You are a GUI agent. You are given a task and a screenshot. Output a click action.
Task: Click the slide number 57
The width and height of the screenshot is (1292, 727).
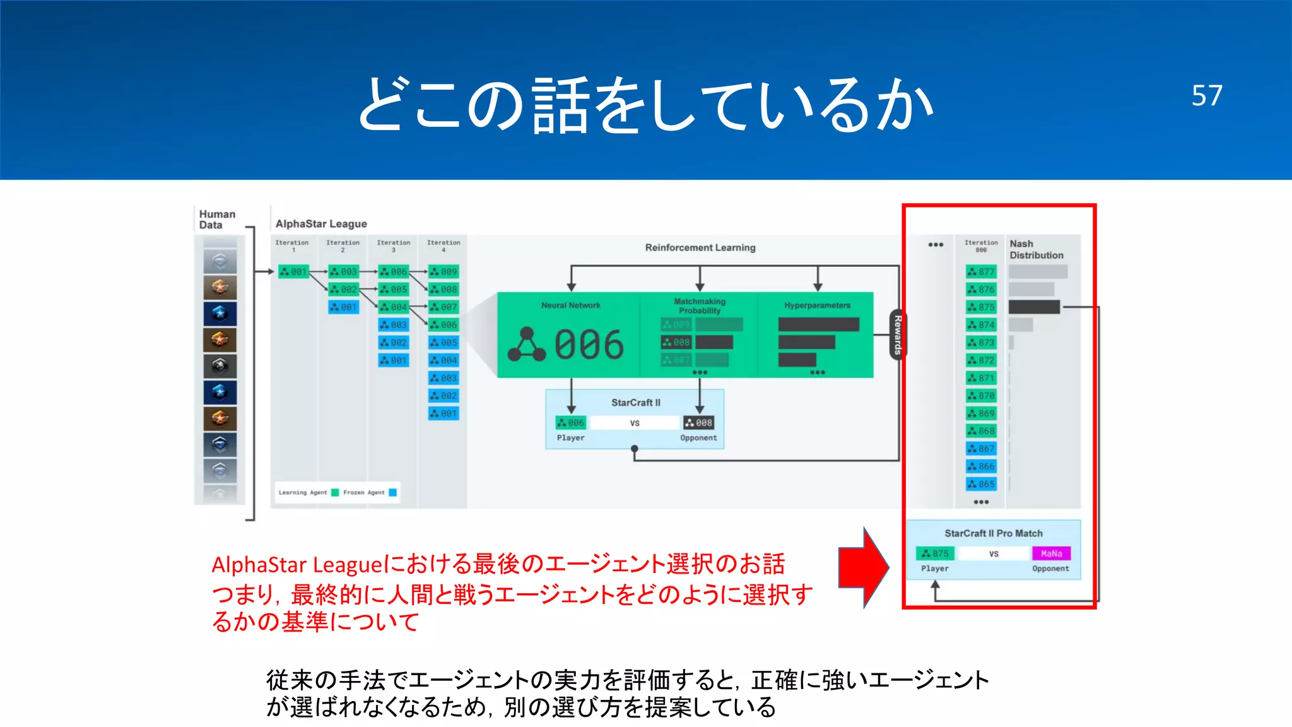pyautogui.click(x=1206, y=96)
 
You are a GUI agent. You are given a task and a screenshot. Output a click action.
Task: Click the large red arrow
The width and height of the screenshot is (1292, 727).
pyautogui.click(x=863, y=567)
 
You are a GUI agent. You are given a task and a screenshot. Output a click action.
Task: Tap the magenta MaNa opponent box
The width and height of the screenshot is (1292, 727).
pyautogui.click(x=1051, y=553)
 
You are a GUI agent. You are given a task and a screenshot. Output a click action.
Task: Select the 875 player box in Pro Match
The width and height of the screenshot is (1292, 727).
pyautogui.click(x=935, y=553)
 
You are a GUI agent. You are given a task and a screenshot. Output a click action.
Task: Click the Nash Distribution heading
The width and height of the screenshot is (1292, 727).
pyautogui.click(x=1036, y=249)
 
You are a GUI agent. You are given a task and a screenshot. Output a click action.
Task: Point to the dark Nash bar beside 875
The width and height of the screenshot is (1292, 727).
pyautogui.click(x=1034, y=307)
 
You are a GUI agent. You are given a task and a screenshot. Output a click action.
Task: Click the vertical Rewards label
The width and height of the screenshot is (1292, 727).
pyautogui.click(x=897, y=334)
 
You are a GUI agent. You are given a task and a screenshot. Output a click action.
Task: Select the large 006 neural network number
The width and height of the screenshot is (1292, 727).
pyautogui.click(x=589, y=345)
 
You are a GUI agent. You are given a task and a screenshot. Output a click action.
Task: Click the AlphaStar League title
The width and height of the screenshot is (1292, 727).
pyautogui.click(x=321, y=224)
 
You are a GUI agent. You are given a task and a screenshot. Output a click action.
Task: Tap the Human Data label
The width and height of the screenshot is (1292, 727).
pyautogui.click(x=217, y=220)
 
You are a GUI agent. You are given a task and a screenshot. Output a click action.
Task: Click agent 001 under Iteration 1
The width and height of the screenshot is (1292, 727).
pyautogui.click(x=293, y=272)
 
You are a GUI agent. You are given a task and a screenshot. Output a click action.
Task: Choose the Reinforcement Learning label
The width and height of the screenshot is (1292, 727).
pyautogui.click(x=700, y=247)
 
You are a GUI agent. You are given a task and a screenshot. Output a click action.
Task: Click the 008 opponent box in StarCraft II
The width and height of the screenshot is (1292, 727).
pyautogui.click(x=699, y=423)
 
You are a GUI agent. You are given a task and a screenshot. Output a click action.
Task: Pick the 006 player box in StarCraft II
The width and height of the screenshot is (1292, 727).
pyautogui.click(x=571, y=423)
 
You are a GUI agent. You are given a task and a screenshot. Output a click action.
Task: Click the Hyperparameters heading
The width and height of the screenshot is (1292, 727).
pyautogui.click(x=817, y=305)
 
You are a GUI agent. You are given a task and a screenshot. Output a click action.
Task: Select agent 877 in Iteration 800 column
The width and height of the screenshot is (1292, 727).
pyautogui.click(x=981, y=272)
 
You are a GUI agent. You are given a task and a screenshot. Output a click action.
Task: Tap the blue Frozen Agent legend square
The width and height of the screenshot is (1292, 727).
pyautogui.click(x=393, y=492)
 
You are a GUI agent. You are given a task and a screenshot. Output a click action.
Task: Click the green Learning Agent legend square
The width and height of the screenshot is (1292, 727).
pyautogui.click(x=335, y=492)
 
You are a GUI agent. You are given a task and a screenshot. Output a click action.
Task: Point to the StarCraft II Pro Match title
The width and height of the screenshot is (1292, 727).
pyautogui.click(x=993, y=533)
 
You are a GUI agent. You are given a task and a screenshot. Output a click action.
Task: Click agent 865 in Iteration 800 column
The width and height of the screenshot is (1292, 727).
pyautogui.click(x=981, y=484)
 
